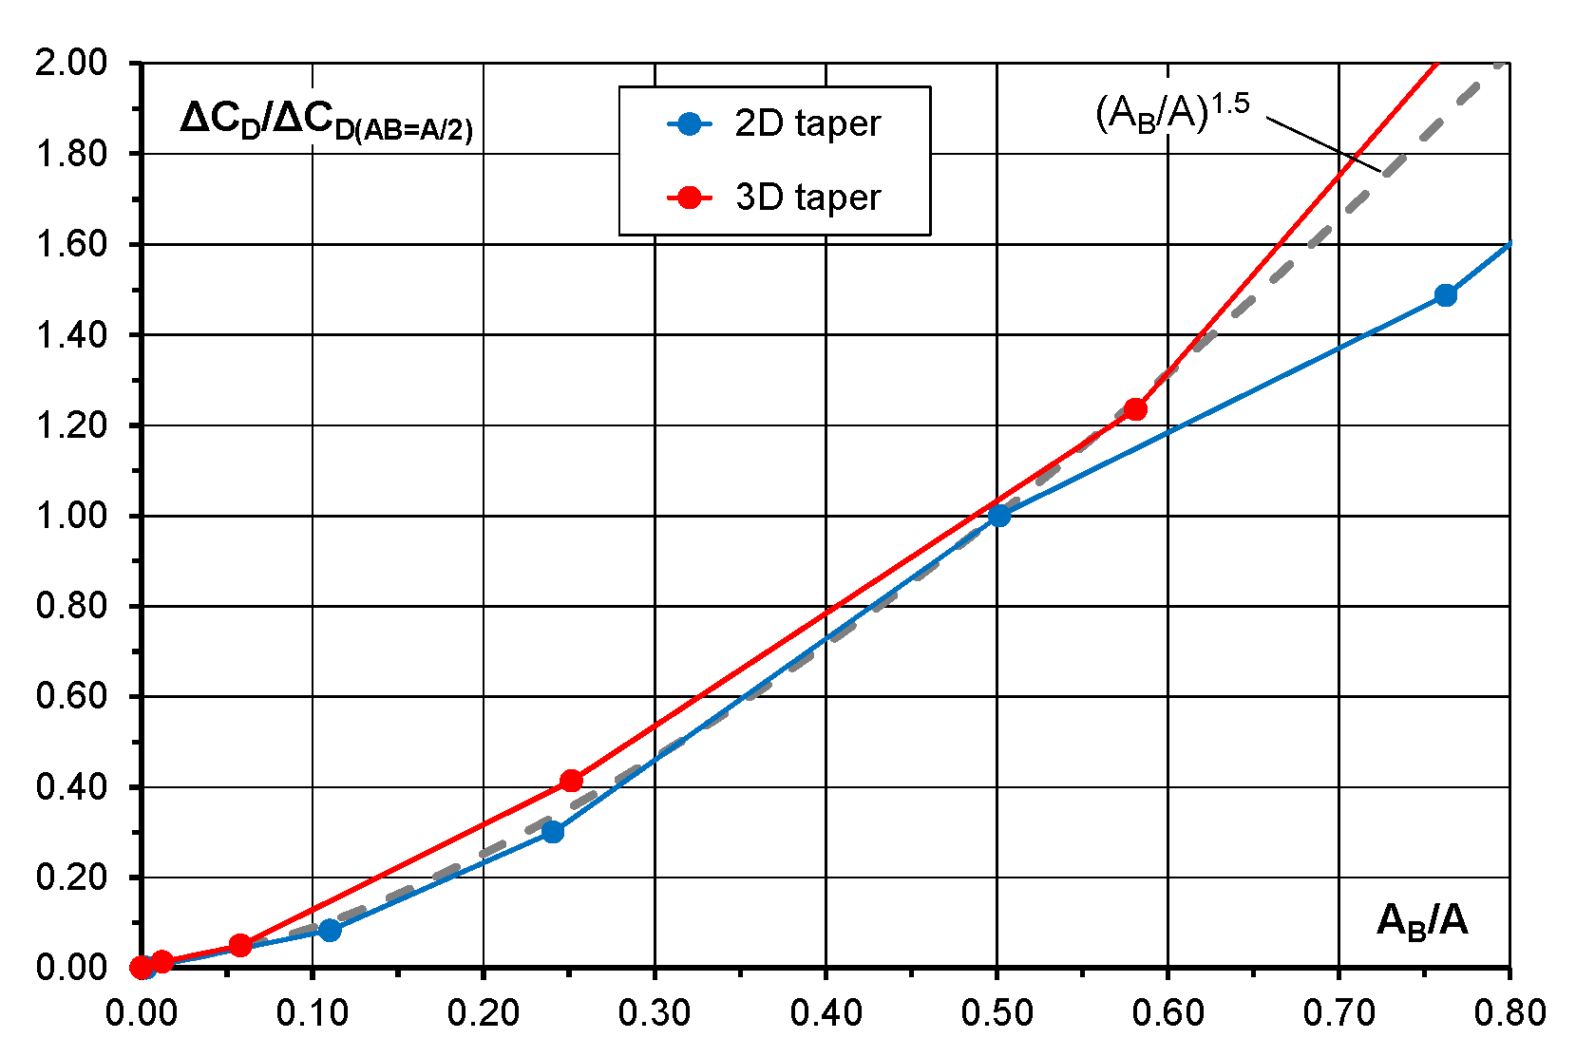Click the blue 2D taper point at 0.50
pos(998,516)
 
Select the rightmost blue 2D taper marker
pos(1445,295)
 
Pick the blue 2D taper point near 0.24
pos(552,832)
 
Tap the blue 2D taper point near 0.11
pos(330,930)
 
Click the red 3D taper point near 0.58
pos(1135,409)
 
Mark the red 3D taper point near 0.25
pos(571,781)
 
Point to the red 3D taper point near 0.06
pos(240,946)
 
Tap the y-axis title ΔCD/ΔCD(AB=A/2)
pos(326,121)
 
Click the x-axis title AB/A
pos(1422,921)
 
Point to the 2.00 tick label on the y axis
pos(71,63)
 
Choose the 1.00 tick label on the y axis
pos(71,516)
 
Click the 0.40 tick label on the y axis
pos(71,787)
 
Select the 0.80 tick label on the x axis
pos(1510,1013)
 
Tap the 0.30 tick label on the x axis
pos(655,1013)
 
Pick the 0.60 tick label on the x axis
pos(1168,1013)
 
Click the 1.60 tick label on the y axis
pos(71,244)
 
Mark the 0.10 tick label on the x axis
pos(313,1013)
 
